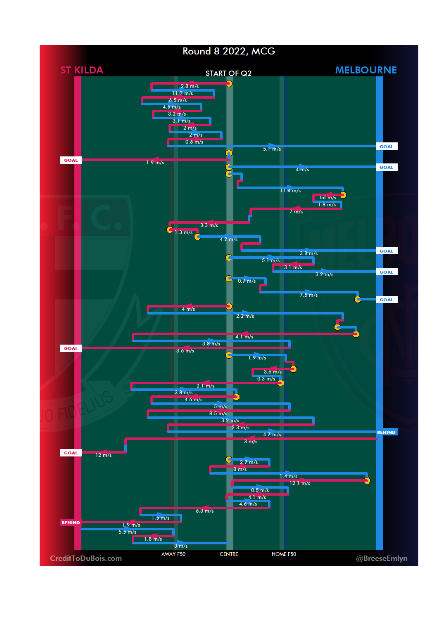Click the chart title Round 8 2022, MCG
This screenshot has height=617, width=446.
coord(229,51)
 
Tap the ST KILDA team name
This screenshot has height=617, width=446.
coord(82,70)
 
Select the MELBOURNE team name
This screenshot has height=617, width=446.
coord(365,70)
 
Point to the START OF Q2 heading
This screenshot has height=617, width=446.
coord(228,73)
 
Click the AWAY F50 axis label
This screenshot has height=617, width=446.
coord(173,554)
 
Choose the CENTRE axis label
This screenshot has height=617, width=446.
coord(229,554)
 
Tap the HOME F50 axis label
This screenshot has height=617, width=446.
coord(284,554)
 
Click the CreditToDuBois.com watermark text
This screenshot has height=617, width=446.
coord(86,558)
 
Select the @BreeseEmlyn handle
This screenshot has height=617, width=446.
coord(382,558)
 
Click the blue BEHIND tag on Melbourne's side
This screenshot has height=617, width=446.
coord(386,433)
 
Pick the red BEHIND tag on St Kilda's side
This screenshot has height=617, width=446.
coord(71,522)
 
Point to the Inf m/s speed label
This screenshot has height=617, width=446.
coord(328,198)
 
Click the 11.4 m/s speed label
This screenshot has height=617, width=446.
coord(290,191)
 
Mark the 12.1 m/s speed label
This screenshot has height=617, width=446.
coord(300,483)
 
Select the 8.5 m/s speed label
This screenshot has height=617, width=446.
coord(218,414)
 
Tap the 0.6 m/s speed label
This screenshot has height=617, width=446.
coord(194,142)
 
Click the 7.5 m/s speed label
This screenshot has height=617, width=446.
coord(308,295)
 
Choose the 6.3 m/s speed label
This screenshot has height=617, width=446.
coord(204,511)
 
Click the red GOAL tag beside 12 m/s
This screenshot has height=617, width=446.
coord(71,453)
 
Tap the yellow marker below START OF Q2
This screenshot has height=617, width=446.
coord(229,84)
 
